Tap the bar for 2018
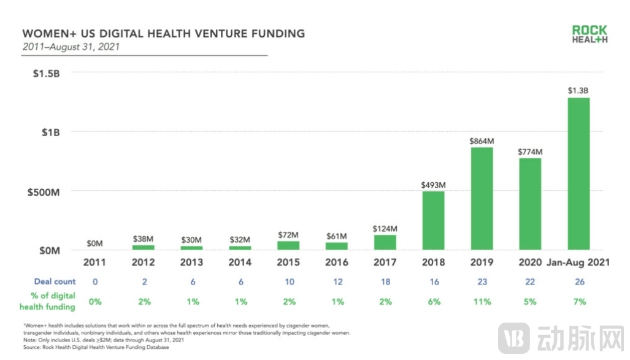click(x=434, y=220)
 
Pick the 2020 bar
click(x=530, y=204)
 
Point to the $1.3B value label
click(x=578, y=91)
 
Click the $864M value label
click(x=482, y=140)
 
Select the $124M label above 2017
click(x=385, y=228)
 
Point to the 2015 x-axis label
click(x=289, y=262)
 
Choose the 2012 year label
click(x=144, y=262)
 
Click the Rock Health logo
click(x=590, y=34)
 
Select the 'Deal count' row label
click(x=55, y=281)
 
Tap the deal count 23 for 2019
click(x=482, y=281)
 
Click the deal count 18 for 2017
click(x=385, y=281)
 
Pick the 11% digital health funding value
click(x=482, y=301)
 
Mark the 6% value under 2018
click(x=434, y=301)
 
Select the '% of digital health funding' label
click(x=48, y=301)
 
